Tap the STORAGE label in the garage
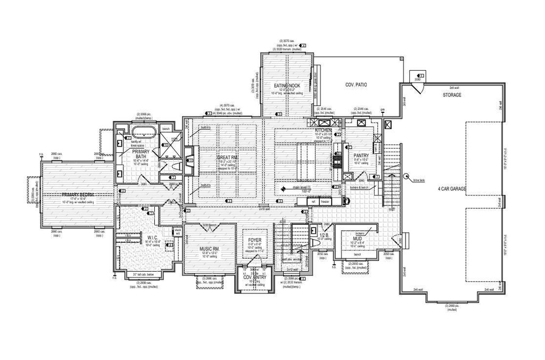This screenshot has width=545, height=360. click(x=452, y=95)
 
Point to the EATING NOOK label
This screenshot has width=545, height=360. click(x=287, y=86)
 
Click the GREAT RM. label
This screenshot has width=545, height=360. click(x=227, y=158)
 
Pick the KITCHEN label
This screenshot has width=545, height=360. click(x=323, y=130)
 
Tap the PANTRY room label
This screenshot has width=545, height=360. click(x=361, y=156)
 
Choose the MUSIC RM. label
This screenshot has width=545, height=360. click(x=210, y=249)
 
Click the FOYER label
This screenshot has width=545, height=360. click(x=254, y=240)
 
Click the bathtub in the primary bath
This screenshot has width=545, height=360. click(x=142, y=132)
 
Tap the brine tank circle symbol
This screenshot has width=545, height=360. click(x=405, y=177)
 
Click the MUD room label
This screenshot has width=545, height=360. click(x=357, y=239)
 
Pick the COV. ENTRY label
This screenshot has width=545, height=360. click(x=254, y=277)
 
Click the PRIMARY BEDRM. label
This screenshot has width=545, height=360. click(x=78, y=195)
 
